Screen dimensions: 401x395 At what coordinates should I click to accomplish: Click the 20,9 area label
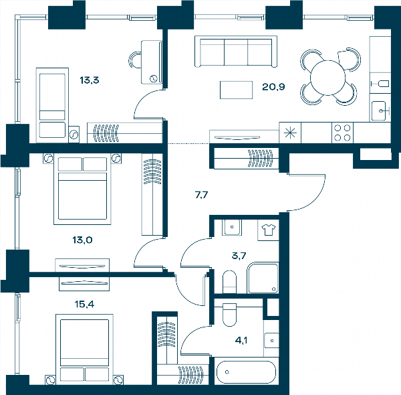click(273, 87)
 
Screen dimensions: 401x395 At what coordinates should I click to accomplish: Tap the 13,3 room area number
click(90, 80)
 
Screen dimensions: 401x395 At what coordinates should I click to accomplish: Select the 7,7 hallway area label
click(202, 195)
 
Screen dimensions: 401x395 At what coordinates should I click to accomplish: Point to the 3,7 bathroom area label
click(239, 256)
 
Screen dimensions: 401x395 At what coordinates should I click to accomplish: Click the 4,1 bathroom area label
click(241, 341)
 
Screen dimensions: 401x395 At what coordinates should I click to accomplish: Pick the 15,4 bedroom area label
click(84, 305)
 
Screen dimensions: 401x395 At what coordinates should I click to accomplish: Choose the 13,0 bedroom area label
click(82, 240)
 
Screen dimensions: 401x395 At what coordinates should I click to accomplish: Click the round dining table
click(328, 78)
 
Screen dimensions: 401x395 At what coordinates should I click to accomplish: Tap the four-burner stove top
click(342, 133)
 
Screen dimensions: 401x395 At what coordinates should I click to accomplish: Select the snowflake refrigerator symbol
click(290, 133)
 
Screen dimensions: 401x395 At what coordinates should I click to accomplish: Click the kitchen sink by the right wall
click(380, 110)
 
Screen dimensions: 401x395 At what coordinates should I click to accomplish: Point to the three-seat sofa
click(236, 52)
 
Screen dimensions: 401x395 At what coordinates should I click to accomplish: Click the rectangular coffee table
click(237, 90)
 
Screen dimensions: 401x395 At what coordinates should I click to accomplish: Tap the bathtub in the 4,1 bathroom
click(246, 372)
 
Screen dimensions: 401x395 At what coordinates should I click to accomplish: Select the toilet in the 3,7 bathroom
click(229, 282)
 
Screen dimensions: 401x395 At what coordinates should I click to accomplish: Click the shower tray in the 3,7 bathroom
click(263, 278)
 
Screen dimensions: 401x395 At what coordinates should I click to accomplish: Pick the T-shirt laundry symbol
click(268, 230)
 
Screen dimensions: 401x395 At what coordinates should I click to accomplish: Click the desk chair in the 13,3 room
click(135, 60)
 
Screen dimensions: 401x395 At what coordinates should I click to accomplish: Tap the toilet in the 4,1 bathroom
click(229, 315)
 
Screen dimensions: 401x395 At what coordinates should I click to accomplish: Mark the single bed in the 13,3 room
click(52, 105)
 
